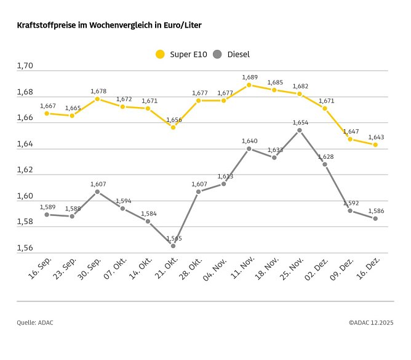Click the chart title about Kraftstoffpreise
coord(109,25)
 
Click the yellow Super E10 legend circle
coord(160,54)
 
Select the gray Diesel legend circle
coord(217,54)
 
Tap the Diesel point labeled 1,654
coord(299,130)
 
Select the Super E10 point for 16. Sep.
coord(47,113)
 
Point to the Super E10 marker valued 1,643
coord(375,145)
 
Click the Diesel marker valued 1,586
coord(375,218)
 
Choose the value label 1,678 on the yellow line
coord(98,91)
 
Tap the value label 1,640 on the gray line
coord(249,141)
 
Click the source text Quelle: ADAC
coord(35,322)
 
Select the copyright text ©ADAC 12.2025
coord(370,322)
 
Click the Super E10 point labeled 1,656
coord(173,127)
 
